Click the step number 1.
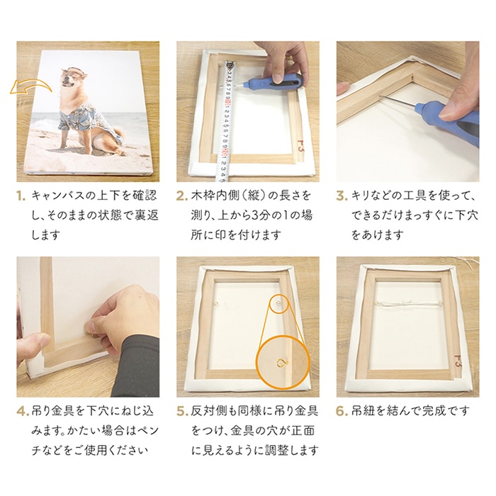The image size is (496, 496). pos(21,196)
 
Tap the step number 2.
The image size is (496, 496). pos(181,196)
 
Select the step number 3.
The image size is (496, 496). pos(342,196)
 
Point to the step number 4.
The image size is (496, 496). pos(22,411)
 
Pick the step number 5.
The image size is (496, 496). pos(182,411)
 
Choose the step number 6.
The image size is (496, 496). pos(342,411)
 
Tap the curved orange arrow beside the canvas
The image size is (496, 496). pos(30,86)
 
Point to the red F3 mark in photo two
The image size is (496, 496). pos(300,147)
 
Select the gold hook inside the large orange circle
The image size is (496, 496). pos(282,362)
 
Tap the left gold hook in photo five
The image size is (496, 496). pos(216,304)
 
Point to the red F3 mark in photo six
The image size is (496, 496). pos(458,360)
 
